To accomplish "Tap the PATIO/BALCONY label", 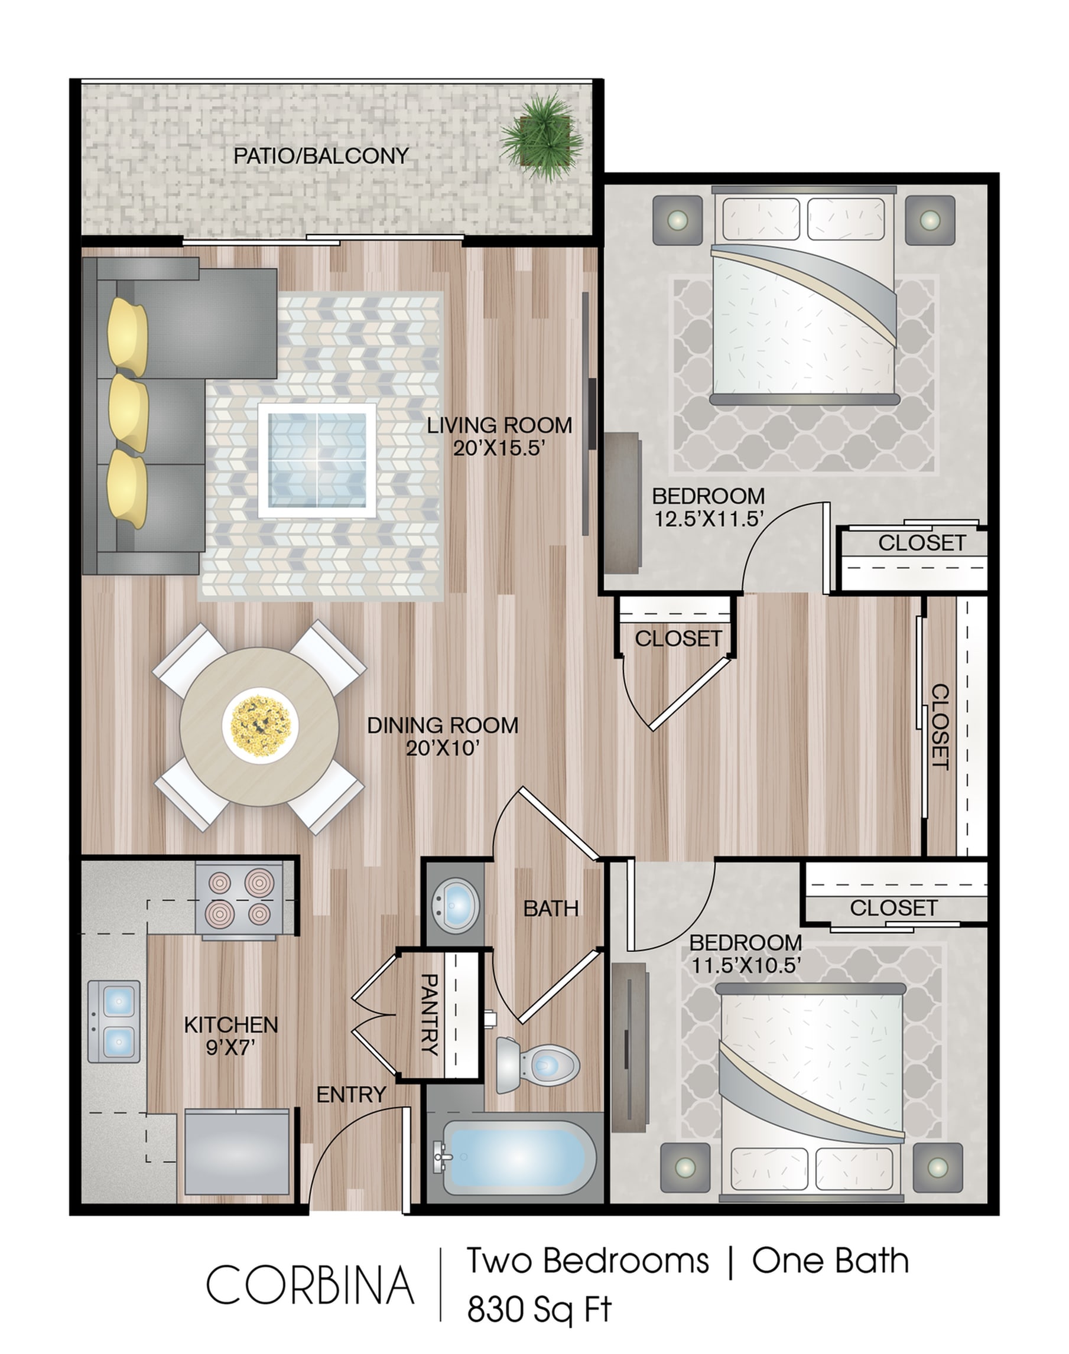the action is click(321, 156).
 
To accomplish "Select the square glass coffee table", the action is click(317, 461).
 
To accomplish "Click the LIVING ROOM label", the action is click(499, 425).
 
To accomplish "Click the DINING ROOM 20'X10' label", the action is click(443, 736).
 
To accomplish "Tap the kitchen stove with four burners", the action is click(239, 900).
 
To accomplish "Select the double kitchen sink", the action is click(113, 1021).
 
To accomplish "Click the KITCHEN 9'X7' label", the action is click(231, 1036).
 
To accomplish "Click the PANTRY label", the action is click(430, 1014).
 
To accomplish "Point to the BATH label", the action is click(551, 909).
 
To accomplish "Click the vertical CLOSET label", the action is click(941, 727).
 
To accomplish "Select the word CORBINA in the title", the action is click(310, 1284).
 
